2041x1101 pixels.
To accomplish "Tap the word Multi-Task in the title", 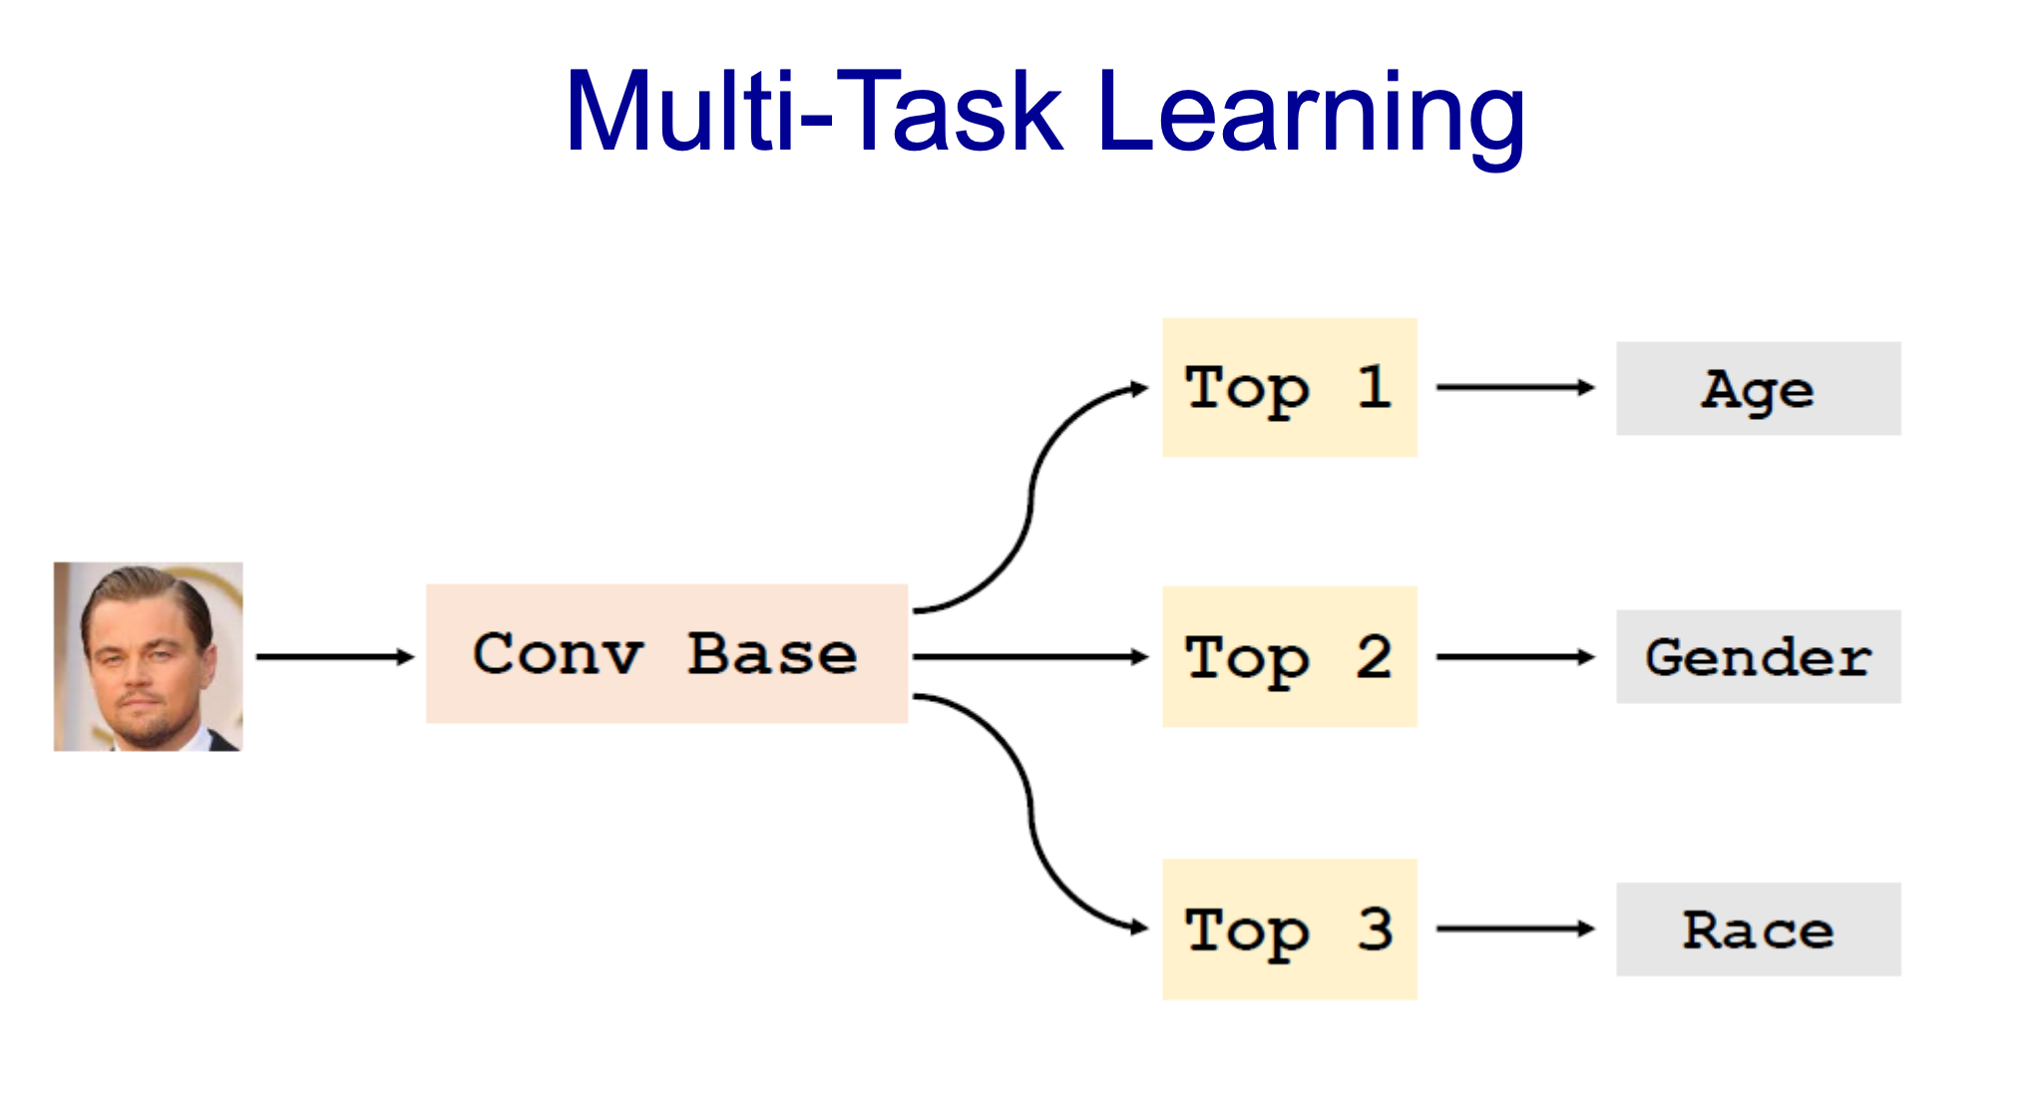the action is click(x=814, y=110).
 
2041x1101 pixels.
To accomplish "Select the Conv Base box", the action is click(x=666, y=654).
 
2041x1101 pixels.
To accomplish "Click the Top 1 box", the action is click(x=1289, y=388).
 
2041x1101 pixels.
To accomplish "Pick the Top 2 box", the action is click(x=1289, y=657).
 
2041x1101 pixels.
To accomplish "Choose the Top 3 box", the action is click(x=1289, y=929).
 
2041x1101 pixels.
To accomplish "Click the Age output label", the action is click(x=1758, y=389).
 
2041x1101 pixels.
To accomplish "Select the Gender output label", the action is click(x=1758, y=657).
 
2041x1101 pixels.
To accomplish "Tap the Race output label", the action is click(x=1758, y=929).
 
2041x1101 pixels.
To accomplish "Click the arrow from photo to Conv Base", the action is click(x=335, y=656).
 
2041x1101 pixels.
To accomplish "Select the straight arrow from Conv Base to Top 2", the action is click(x=1030, y=656).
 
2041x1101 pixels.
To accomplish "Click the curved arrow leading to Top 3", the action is click(x=1031, y=813).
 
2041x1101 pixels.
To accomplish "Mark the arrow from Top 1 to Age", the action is click(x=1515, y=387).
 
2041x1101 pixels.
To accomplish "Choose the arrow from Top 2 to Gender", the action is click(x=1515, y=656).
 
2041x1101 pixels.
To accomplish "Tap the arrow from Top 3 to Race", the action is click(x=1515, y=928).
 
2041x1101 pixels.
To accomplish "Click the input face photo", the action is click(x=149, y=656).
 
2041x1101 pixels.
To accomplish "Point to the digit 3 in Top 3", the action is click(x=1375, y=929).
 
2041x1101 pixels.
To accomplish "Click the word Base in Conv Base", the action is click(x=772, y=654).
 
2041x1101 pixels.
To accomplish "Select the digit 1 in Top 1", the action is click(x=1375, y=387).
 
